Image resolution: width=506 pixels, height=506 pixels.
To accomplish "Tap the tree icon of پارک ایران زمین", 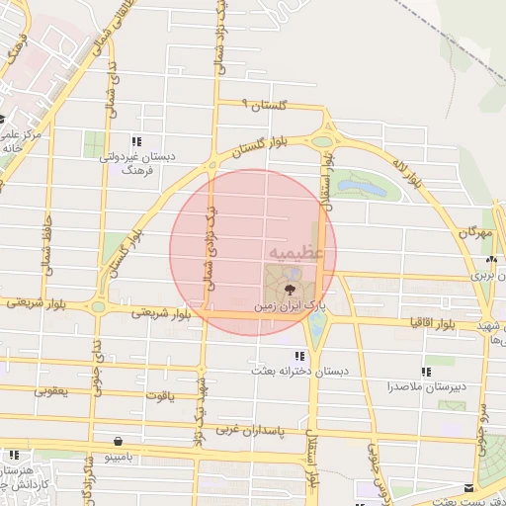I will point(290,290).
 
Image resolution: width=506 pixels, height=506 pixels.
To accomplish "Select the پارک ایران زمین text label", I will point(289,307).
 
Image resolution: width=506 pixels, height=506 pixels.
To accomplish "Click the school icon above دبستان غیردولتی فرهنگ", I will point(136,141).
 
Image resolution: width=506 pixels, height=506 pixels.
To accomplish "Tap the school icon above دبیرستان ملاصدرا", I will point(426,373).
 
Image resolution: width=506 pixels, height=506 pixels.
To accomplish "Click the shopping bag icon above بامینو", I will point(119,442).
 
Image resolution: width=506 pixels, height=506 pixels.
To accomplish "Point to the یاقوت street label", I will point(158,395).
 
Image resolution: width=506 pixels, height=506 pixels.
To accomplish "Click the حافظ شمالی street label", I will point(46,248).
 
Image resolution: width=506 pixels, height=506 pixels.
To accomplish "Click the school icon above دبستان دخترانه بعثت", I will point(298,355).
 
